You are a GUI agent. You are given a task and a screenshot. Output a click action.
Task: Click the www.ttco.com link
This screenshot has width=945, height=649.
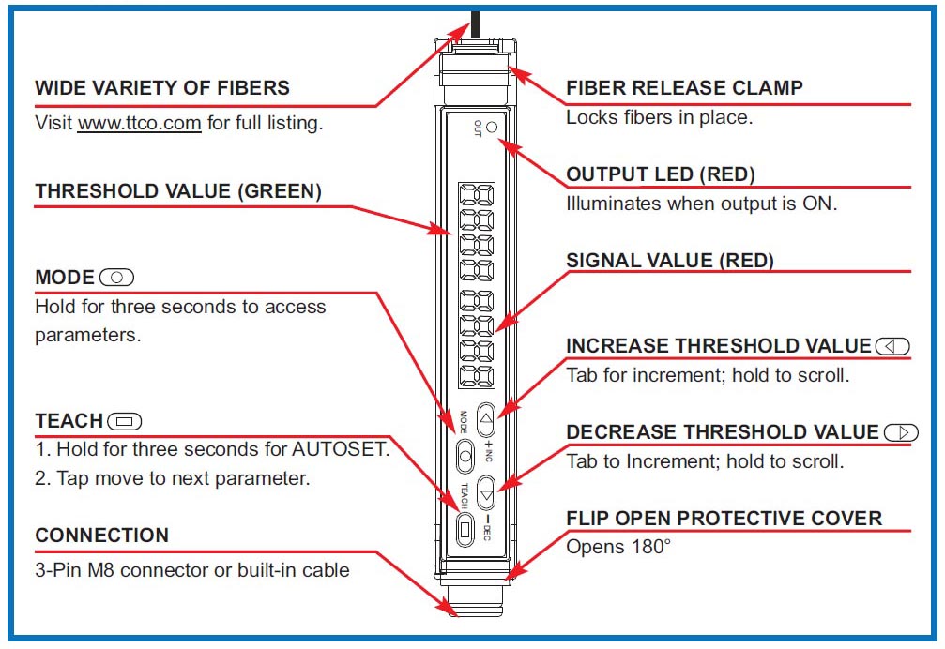click(x=139, y=123)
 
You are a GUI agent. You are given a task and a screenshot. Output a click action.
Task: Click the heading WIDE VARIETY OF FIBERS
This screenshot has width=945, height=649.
click(x=162, y=89)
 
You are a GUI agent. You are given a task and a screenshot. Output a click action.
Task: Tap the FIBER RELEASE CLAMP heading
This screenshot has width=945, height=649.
click(x=684, y=89)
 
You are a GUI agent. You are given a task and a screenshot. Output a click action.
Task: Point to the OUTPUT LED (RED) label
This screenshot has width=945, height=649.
click(x=661, y=174)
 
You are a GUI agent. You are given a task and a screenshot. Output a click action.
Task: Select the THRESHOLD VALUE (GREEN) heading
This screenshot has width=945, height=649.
click(x=178, y=191)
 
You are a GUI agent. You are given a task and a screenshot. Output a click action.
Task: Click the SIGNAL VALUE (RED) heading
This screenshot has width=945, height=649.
click(x=670, y=261)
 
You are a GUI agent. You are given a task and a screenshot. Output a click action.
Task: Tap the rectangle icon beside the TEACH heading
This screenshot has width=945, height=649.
click(x=125, y=421)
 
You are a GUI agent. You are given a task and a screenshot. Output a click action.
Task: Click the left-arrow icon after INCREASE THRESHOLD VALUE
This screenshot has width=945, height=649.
click(x=892, y=346)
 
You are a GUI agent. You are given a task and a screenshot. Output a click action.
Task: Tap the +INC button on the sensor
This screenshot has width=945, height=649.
click(x=487, y=417)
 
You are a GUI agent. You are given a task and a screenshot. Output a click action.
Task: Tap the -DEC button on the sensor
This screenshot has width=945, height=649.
click(x=487, y=488)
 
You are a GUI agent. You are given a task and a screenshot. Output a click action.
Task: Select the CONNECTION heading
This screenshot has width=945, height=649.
click(x=102, y=536)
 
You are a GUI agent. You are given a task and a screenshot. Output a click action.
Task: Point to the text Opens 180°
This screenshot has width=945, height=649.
click(x=618, y=546)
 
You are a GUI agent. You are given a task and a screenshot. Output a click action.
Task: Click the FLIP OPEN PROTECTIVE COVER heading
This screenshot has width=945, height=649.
click(x=724, y=519)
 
